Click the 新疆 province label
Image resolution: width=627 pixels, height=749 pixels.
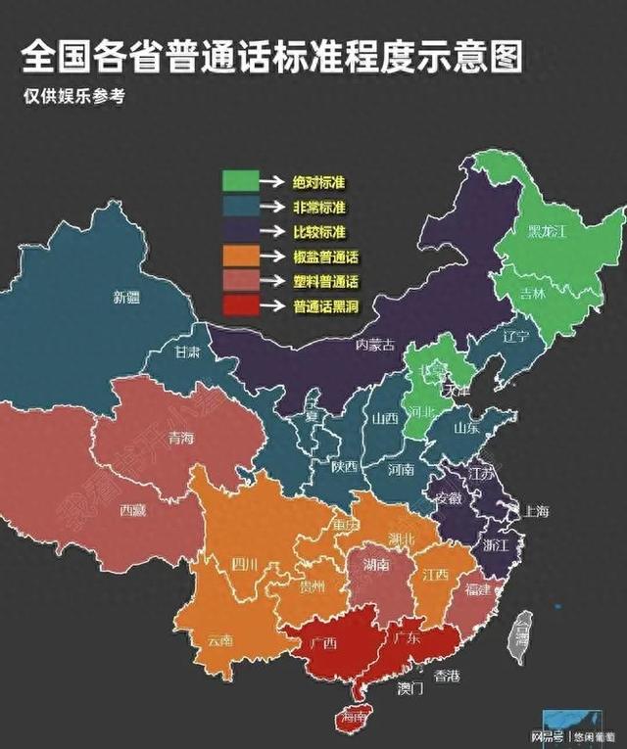[126, 297]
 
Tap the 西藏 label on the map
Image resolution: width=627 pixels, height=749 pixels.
[133, 509]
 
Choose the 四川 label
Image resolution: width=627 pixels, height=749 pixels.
[244, 564]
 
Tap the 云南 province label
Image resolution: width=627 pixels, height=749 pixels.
[219, 640]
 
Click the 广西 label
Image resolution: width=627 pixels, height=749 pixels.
[323, 643]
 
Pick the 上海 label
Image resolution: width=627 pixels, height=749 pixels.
[537, 511]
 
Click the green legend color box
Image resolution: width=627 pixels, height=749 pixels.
[240, 181]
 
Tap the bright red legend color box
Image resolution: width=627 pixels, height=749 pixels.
[240, 305]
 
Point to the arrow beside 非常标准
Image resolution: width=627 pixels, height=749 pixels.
[275, 207]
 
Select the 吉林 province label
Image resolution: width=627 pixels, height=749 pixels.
[533, 292]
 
